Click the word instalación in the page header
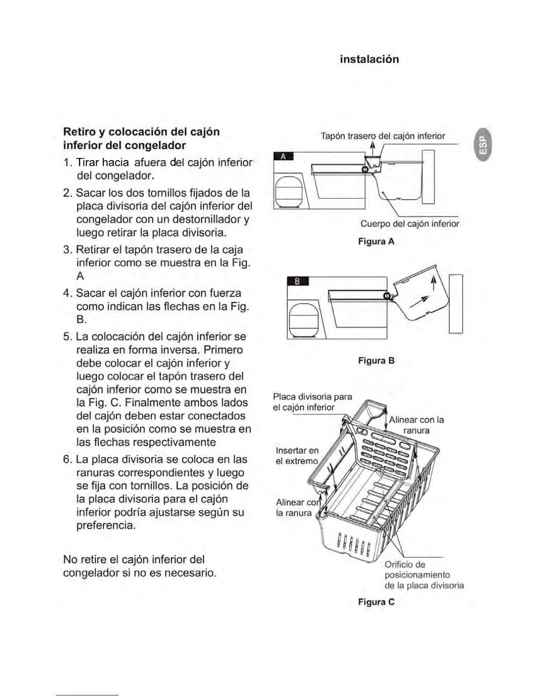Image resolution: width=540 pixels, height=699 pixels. click(369, 59)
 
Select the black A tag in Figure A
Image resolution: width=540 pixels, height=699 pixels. click(283, 156)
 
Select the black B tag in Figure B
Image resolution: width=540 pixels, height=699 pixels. click(297, 281)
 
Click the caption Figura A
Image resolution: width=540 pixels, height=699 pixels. click(376, 242)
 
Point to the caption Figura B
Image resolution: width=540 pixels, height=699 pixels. click(376, 361)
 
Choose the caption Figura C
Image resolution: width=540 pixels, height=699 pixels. click(376, 602)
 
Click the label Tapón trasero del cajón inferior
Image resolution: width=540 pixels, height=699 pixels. click(382, 136)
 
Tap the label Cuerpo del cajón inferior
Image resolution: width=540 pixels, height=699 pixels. click(409, 224)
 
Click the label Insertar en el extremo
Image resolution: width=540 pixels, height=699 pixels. click(296, 456)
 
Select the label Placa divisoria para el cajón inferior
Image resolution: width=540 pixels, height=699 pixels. click(312, 402)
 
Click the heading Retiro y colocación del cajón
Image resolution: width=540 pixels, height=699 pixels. click(141, 132)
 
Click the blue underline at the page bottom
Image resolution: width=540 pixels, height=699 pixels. click(87, 695)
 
